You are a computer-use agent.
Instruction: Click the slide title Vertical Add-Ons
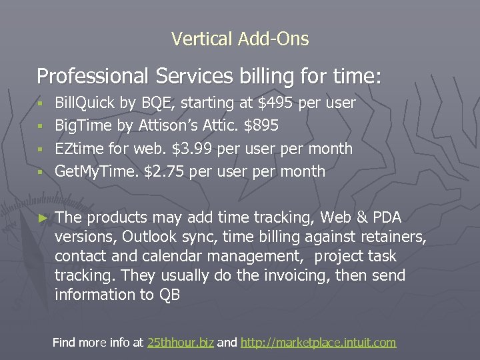tap(240, 39)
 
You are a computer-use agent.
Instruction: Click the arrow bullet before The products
tap(43, 217)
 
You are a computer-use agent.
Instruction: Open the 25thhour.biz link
tap(180, 343)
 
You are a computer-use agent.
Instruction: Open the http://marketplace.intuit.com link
tap(318, 343)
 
